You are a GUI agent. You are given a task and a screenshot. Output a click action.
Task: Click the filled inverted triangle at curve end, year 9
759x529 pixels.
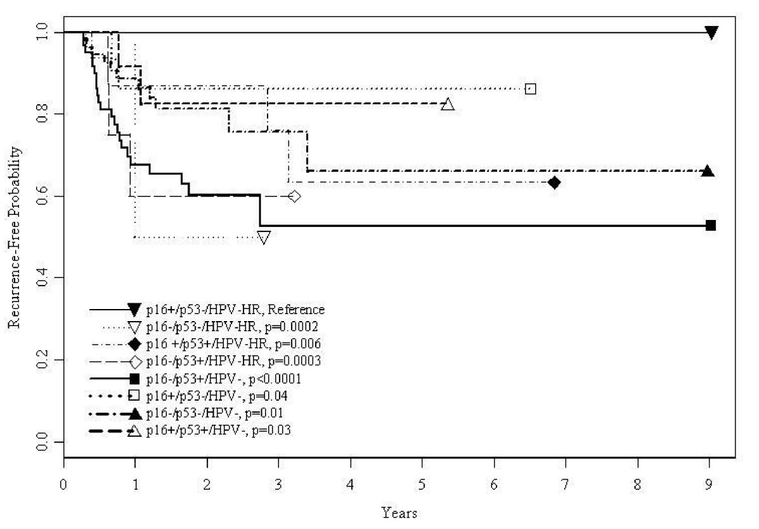coord(712,32)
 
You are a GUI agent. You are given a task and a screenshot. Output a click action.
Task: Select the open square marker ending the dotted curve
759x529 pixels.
coord(531,88)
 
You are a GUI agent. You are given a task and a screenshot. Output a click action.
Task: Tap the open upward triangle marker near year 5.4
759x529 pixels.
coord(448,104)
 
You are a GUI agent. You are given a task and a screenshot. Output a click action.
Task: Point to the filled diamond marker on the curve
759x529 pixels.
coord(555,183)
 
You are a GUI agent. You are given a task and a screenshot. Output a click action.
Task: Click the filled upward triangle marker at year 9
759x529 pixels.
coord(708,171)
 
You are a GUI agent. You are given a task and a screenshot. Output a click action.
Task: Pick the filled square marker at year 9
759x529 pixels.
coord(711,225)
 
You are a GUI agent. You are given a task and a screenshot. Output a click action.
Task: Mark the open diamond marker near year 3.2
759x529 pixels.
coord(294,196)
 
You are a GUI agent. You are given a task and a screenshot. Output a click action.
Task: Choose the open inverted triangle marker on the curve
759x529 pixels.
coord(264,238)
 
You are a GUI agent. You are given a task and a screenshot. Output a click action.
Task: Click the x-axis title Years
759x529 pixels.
coord(399,513)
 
